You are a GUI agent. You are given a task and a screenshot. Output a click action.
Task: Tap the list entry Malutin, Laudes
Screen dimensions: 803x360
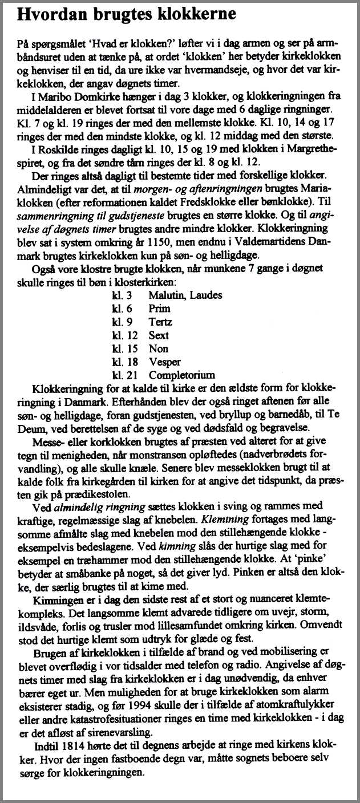pos(185,295)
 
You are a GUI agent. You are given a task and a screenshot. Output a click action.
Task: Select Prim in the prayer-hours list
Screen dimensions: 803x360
pos(159,308)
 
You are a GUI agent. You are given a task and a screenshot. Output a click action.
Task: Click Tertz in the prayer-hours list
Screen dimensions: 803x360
pos(160,322)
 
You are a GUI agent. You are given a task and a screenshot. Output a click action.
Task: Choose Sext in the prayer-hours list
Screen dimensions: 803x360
pos(159,335)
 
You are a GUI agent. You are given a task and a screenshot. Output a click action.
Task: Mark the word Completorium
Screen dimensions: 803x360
pos(181,375)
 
